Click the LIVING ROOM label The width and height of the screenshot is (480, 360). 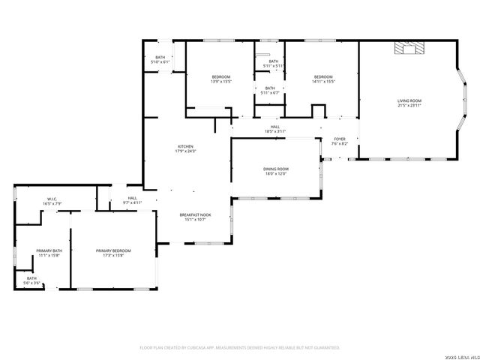409,100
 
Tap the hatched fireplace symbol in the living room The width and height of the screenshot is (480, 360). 409,48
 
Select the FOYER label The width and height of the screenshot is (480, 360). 340,139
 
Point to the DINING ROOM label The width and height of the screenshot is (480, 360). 275,169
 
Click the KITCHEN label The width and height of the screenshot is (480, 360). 185,146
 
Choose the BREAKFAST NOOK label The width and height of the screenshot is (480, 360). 195,214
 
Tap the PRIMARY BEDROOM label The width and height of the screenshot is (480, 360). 113,250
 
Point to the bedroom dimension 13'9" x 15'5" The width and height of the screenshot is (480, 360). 220,81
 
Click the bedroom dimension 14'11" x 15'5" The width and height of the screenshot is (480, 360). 323,81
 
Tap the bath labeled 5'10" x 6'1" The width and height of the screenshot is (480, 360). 160,61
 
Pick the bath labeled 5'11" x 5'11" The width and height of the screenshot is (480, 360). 273,66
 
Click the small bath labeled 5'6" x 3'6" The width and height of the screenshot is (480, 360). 32,283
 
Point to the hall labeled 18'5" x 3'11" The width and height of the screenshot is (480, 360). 275,132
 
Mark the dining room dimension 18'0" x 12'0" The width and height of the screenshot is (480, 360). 275,174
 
